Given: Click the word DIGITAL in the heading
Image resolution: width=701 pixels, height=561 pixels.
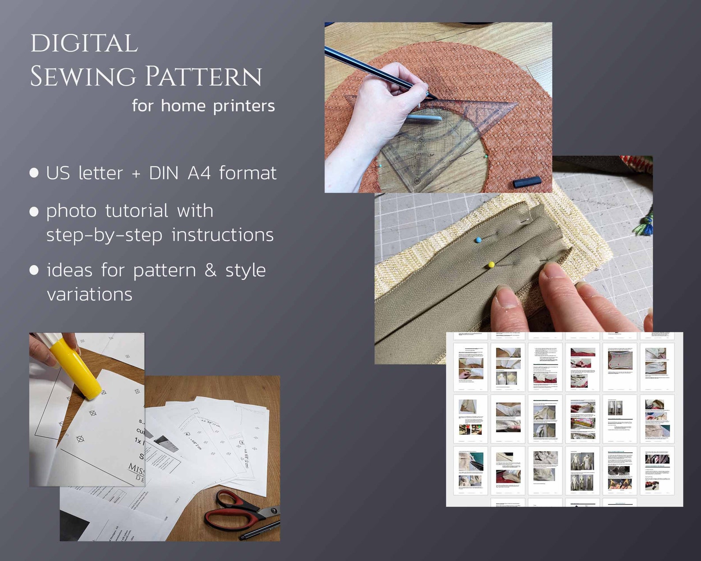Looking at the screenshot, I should [x=84, y=44].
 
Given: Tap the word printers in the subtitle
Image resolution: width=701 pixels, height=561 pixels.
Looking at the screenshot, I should [x=244, y=106].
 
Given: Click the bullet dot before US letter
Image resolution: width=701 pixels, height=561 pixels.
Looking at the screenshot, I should [x=34, y=173].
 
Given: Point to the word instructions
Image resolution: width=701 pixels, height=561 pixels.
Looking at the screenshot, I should [x=222, y=235].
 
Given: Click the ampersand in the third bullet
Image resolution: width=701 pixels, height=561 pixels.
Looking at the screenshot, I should [x=211, y=270].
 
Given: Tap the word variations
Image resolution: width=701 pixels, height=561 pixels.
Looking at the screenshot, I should [x=90, y=294].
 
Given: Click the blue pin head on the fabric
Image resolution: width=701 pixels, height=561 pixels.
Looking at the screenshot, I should [x=478, y=240].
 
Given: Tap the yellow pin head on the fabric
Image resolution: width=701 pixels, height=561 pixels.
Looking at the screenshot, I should [x=491, y=265].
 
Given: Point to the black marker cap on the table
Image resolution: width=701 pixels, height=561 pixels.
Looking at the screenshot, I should [x=527, y=181].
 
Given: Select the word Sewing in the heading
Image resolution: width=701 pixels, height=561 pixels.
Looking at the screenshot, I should [x=83, y=76].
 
